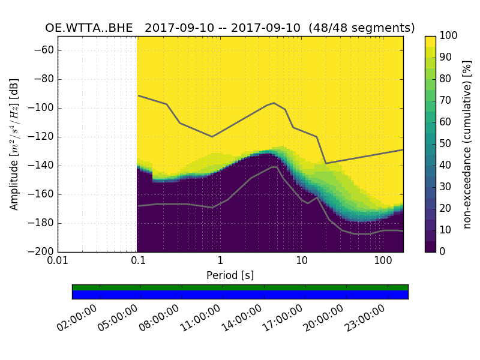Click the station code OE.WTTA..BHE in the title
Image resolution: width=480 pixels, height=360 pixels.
pyautogui.click(x=92, y=28)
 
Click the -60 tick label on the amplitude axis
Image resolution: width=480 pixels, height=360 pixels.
pyautogui.click(x=44, y=50)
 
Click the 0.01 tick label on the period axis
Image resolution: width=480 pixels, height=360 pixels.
pyautogui.click(x=58, y=262)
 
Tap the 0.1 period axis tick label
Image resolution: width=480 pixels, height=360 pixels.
pyautogui.click(x=139, y=262)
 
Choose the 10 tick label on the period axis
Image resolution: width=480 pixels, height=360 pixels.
pyautogui.click(x=301, y=262)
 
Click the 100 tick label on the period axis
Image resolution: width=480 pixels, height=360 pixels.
pyautogui.click(x=383, y=262)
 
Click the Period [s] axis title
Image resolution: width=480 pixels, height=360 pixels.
pyautogui.click(x=230, y=275)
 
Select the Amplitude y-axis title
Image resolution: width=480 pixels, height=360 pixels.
pyautogui.click(x=14, y=144)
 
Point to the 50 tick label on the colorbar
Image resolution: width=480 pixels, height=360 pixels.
pyautogui.click(x=446, y=144)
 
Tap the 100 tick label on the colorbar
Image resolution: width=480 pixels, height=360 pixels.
pyautogui.click(x=449, y=36)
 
